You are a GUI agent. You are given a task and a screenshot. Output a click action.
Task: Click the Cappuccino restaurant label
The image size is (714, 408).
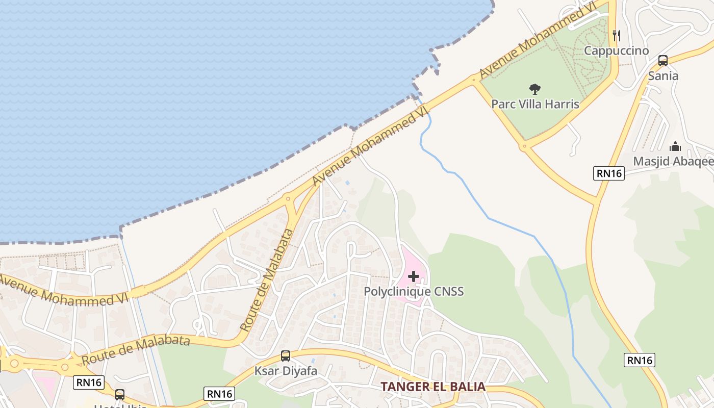click(616, 50)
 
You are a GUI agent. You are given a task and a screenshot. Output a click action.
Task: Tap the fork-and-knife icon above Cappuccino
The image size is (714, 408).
click(617, 35)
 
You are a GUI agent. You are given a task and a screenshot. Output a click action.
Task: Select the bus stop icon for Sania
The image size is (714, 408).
click(663, 61)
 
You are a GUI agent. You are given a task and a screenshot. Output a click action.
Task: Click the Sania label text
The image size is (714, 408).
click(663, 76)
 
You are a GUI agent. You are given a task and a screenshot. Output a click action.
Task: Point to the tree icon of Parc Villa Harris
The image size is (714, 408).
click(534, 89)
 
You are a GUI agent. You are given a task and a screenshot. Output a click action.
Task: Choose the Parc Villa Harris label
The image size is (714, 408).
click(535, 104)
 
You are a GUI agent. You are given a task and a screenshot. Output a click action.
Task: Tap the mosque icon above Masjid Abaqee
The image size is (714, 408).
click(675, 147)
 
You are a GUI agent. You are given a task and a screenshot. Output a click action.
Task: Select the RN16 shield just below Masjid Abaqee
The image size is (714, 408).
click(609, 173)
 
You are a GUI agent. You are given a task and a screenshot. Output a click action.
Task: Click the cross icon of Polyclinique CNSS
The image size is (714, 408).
click(414, 276)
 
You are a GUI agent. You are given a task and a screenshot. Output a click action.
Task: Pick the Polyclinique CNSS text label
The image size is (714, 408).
click(414, 292)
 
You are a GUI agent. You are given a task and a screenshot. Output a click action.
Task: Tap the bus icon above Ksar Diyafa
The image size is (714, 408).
click(286, 356)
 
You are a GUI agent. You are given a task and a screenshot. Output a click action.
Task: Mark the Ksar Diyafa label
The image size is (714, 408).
click(286, 371)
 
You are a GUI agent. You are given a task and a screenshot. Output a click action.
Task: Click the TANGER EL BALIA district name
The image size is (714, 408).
click(433, 387)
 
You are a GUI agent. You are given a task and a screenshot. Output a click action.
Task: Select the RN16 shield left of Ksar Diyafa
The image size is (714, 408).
click(220, 393)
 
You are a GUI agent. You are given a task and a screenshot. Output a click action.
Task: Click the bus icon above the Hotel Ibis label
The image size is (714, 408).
click(120, 394)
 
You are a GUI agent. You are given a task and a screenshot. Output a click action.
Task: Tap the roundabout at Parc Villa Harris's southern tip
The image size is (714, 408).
click(524, 147)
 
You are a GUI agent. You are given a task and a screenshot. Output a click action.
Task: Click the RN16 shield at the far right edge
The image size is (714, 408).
click(639, 360)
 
